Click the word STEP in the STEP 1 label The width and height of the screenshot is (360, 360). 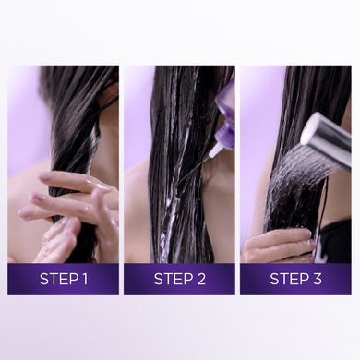(58, 279)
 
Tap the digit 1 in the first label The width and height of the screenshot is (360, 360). (84, 279)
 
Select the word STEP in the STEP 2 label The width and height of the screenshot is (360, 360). (173, 279)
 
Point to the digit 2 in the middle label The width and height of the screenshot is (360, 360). (200, 279)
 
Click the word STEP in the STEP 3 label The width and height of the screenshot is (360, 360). (289, 279)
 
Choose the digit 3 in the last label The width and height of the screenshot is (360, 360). (317, 279)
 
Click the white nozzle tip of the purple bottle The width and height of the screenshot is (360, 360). (213, 150)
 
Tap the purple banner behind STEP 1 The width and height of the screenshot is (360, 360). (63, 279)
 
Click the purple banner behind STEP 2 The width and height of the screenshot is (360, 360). (179, 279)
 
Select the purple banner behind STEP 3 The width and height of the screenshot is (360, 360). (295, 279)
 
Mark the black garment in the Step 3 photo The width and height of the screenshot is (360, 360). (335, 240)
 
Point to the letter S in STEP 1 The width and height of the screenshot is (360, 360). (44, 279)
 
